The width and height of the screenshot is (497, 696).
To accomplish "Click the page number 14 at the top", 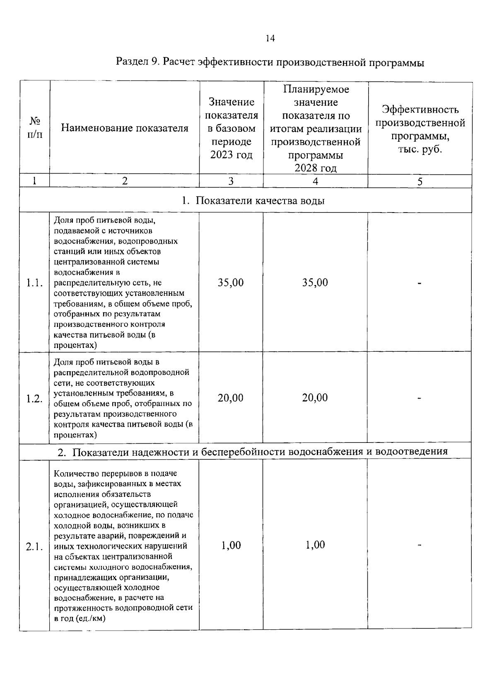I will tap(270, 39).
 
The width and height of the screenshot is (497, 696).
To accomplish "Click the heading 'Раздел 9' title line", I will tap(270, 63).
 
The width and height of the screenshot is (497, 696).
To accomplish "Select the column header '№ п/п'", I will tap(35, 127).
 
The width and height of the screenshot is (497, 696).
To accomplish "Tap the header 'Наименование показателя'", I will tap(125, 128).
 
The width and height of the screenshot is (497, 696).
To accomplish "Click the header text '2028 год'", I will tap(315, 168).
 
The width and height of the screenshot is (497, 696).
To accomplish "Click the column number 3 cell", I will tap(231, 181).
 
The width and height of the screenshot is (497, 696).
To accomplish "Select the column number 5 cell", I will tap(420, 181).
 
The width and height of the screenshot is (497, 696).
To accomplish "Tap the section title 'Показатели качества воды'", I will tap(253, 201).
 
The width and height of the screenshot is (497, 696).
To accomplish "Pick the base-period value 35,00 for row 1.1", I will tap(231, 283).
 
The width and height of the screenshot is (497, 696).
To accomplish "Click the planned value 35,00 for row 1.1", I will tap(315, 283).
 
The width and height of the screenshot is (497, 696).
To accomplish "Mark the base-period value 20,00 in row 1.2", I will tap(231, 398).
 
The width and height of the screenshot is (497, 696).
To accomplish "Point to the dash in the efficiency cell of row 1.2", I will tap(420, 399).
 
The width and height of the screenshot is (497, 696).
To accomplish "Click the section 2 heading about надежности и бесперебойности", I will tap(253, 451).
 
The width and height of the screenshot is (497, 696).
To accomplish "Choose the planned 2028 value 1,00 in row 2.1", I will tap(315, 545).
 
